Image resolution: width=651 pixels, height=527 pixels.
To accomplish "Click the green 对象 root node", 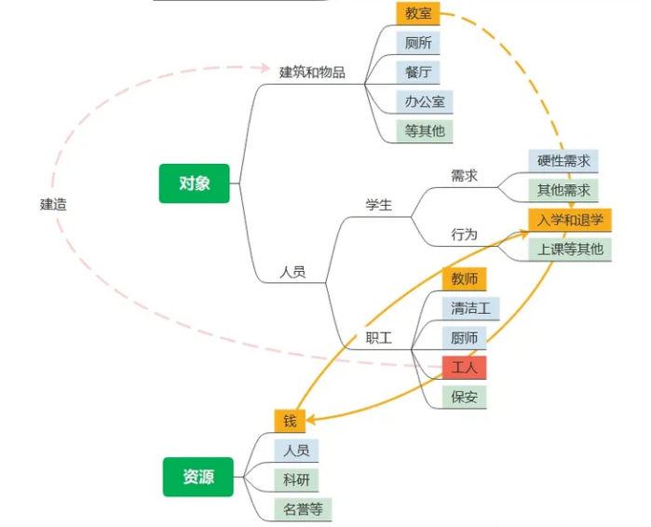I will [x=195, y=183].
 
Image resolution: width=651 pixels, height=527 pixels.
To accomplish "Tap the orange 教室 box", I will [x=417, y=13].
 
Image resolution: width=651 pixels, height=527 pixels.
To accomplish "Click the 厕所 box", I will [x=417, y=43].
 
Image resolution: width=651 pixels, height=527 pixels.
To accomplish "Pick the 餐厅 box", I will [x=417, y=72].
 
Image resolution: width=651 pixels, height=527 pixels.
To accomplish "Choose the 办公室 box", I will [x=424, y=101].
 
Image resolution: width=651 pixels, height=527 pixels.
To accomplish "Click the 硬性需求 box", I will [x=563, y=160].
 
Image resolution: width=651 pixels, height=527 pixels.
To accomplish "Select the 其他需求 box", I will [x=563, y=190].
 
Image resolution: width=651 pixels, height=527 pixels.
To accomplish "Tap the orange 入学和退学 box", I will [x=569, y=220].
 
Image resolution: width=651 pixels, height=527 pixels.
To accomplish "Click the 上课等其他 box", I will [x=569, y=249].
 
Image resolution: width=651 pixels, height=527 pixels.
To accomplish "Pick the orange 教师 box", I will [x=464, y=278].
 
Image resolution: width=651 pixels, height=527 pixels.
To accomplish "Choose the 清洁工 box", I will [x=470, y=308].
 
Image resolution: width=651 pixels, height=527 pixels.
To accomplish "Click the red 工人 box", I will [x=464, y=367].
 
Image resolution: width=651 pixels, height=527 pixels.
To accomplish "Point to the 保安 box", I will [x=464, y=397].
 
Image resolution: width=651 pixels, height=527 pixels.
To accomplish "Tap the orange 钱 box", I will [x=290, y=421].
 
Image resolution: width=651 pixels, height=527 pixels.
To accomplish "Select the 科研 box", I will [x=296, y=480].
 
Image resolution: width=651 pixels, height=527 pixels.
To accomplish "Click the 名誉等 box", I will [x=303, y=509].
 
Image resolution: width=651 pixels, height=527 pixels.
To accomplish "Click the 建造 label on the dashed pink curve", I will [x=53, y=204].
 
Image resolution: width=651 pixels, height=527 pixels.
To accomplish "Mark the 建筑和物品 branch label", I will [x=312, y=72].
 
